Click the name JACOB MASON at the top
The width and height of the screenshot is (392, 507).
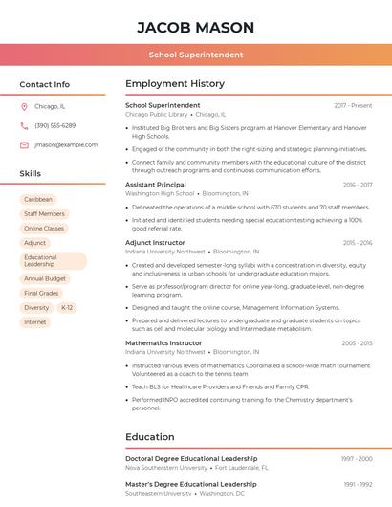196,28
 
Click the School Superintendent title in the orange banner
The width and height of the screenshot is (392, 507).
196,55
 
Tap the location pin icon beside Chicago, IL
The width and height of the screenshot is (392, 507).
24,107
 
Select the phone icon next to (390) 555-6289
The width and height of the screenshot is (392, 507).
24,126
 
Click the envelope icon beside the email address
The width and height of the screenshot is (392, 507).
24,145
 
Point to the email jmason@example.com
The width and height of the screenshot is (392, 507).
66,145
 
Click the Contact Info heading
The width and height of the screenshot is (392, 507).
45,84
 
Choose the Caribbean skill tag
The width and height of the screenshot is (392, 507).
38,200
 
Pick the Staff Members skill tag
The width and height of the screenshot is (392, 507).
44,214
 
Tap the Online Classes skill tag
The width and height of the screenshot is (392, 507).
44,229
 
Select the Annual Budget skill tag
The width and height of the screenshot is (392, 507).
44,278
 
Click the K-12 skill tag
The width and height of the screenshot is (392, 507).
66,308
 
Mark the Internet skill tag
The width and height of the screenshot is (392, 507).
35,322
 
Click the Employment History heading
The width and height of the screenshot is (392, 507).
175,84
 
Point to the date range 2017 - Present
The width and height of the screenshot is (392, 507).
353,106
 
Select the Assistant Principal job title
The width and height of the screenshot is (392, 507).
156,185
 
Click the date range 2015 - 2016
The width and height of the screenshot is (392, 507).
358,243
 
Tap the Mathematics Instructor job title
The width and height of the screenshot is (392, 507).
163,342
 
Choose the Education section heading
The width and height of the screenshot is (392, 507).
151,437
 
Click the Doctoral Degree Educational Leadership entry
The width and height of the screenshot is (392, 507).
191,459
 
